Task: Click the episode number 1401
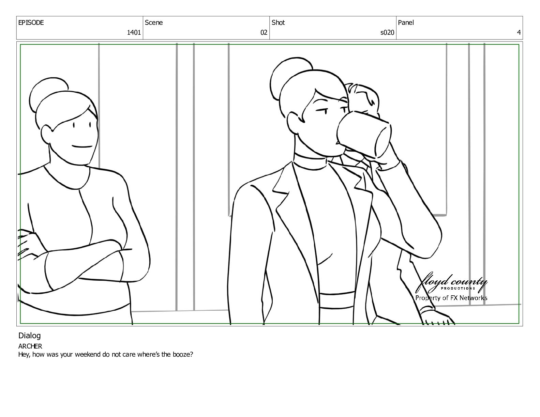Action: [x=134, y=32]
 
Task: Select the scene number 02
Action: [x=264, y=32]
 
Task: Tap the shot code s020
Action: [x=387, y=32]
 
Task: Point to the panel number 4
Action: [x=519, y=32]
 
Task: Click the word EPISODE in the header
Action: [x=31, y=22]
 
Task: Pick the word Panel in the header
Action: [x=406, y=22]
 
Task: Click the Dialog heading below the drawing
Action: [x=29, y=336]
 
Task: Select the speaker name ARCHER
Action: [x=30, y=346]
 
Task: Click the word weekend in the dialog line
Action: [x=88, y=354]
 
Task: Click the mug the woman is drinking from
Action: [x=363, y=134]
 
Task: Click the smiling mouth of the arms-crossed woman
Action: [x=82, y=146]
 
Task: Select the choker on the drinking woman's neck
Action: [x=311, y=160]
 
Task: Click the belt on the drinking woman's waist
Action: [x=337, y=300]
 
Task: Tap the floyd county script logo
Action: [x=451, y=283]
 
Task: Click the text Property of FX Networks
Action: [x=451, y=298]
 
